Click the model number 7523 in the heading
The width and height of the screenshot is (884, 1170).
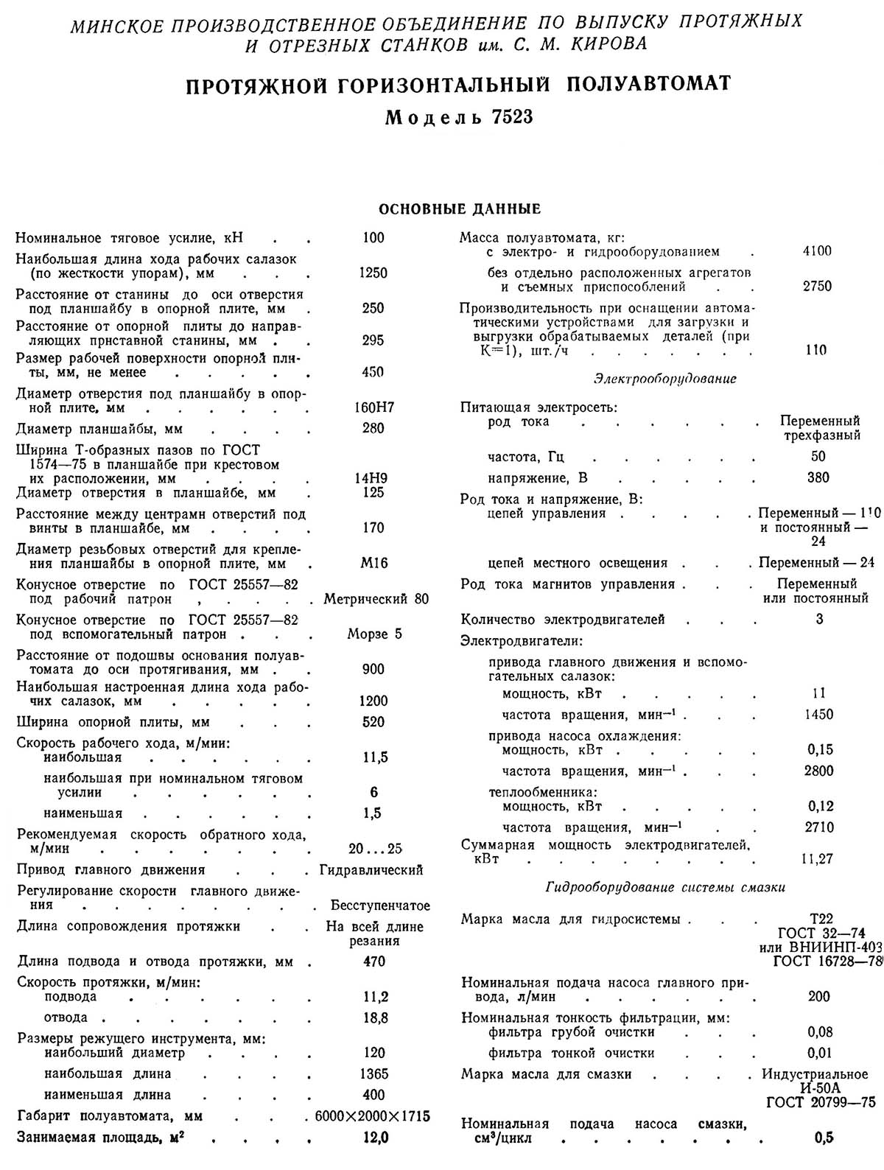[x=508, y=117]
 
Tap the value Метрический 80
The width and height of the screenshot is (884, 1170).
[x=376, y=599]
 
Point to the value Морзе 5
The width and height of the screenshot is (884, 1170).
[x=374, y=634]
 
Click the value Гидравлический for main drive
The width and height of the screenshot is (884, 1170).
[x=371, y=870]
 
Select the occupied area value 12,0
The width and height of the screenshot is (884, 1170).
[x=374, y=1138]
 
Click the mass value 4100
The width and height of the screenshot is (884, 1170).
[x=817, y=252]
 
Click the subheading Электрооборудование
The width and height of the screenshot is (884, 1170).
[x=664, y=379]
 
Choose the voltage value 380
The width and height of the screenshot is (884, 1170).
[x=818, y=477]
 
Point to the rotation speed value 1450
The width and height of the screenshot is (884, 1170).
[x=819, y=715]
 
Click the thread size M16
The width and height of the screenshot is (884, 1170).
[x=374, y=564]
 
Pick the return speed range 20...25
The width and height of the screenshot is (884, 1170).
[x=375, y=849]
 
